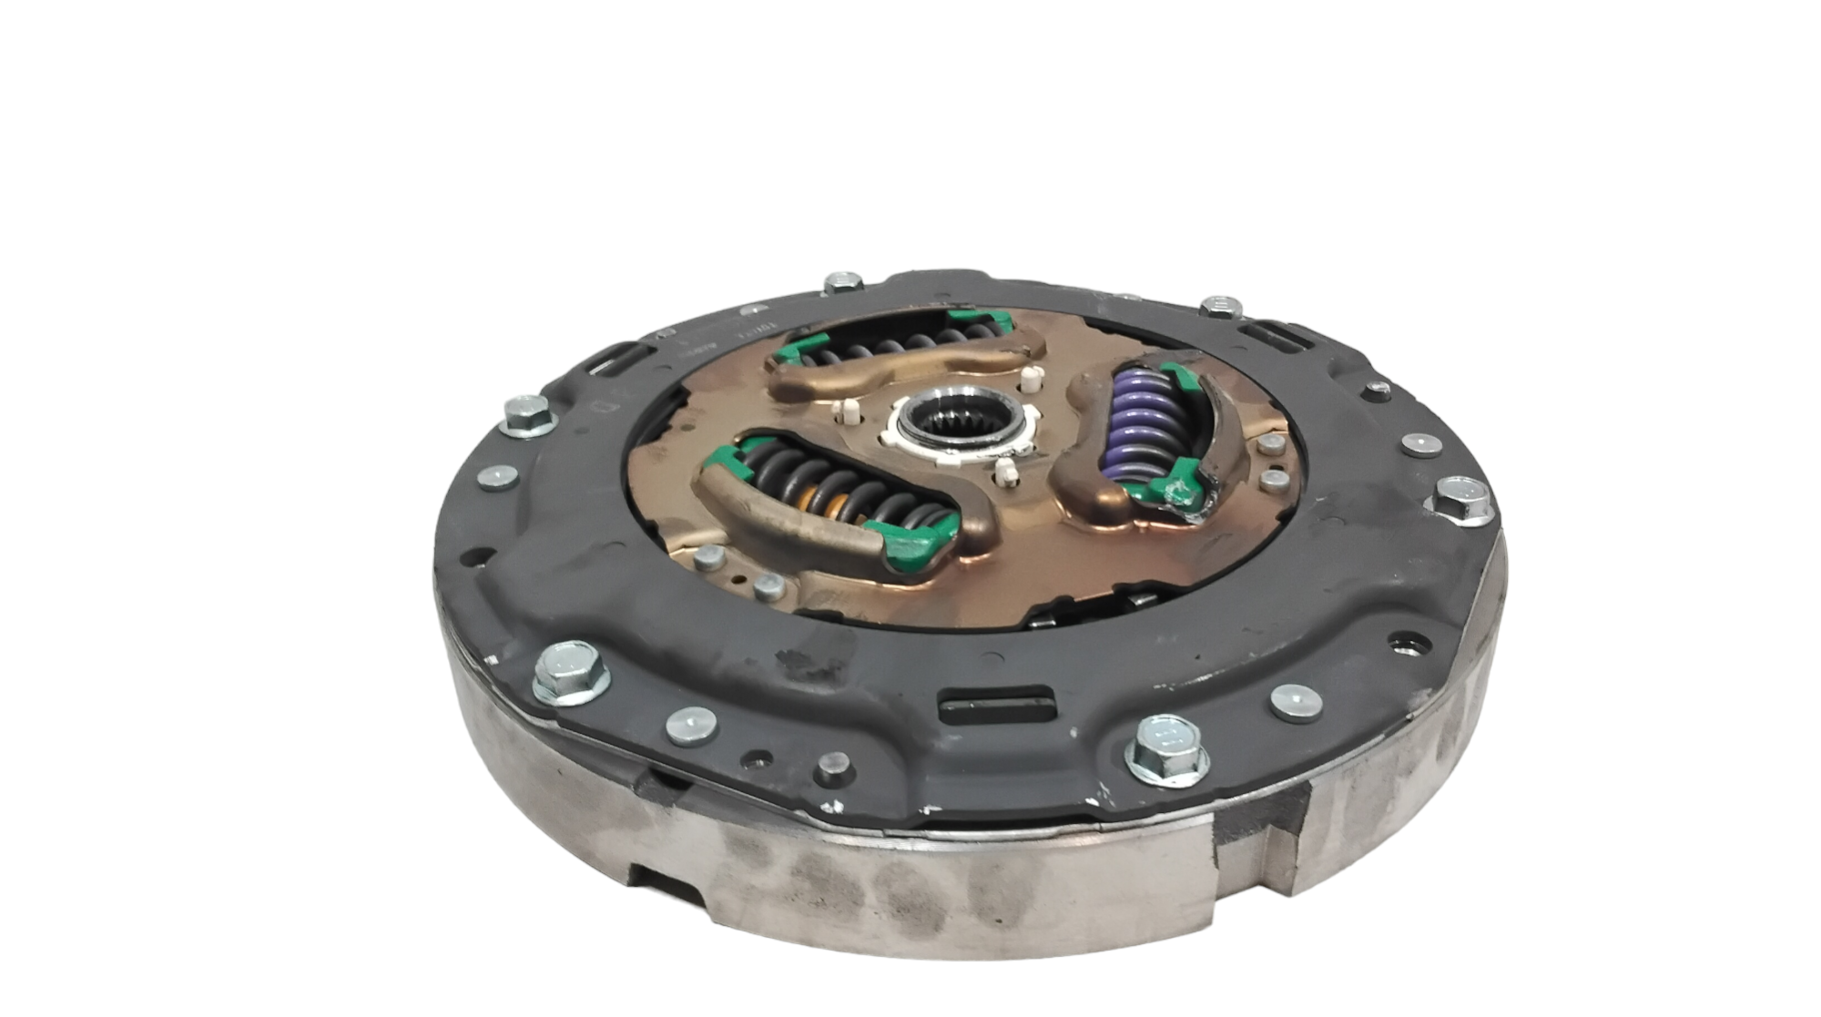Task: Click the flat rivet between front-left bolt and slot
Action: pos(691,726)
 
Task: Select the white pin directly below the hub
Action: pos(1005,473)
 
